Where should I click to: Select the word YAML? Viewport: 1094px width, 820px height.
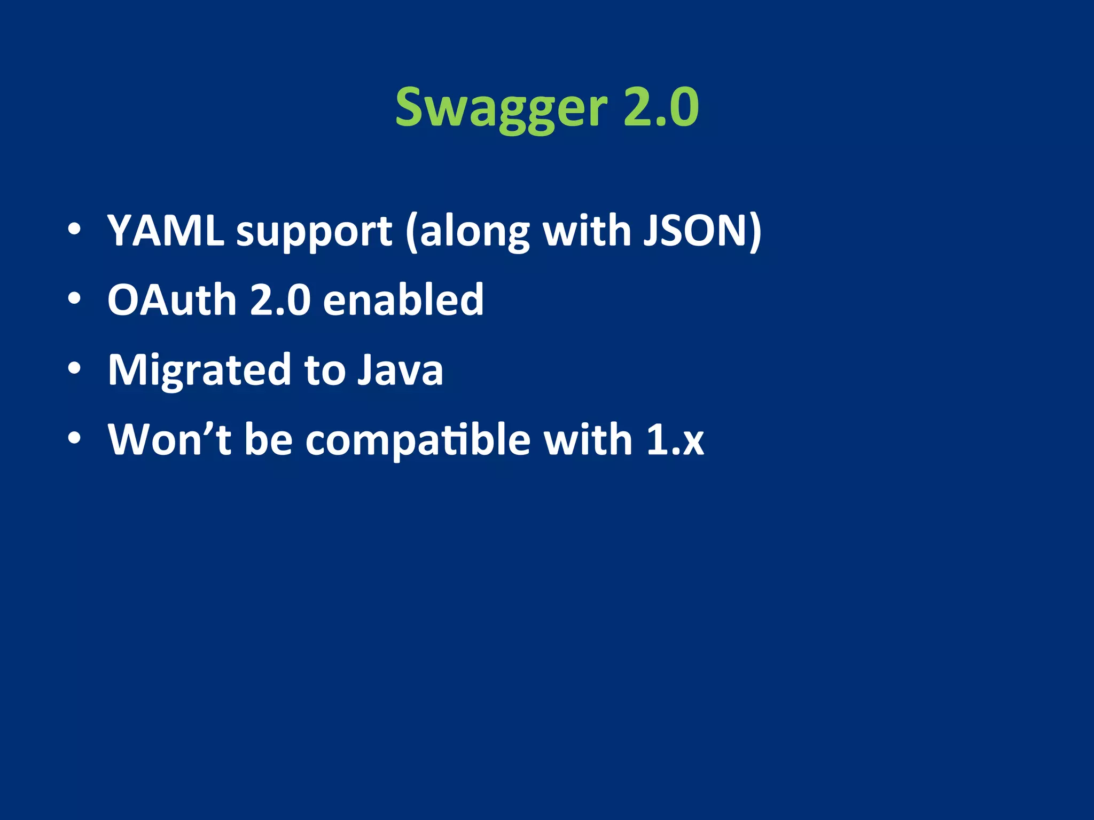(166, 231)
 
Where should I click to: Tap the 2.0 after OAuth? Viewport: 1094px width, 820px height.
(280, 300)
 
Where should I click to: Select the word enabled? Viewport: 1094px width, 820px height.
(403, 300)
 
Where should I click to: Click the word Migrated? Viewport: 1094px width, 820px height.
(199, 370)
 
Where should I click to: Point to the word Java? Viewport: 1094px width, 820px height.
(400, 370)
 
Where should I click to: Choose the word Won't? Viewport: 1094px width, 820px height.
(169, 439)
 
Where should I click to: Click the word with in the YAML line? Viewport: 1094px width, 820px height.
(587, 231)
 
